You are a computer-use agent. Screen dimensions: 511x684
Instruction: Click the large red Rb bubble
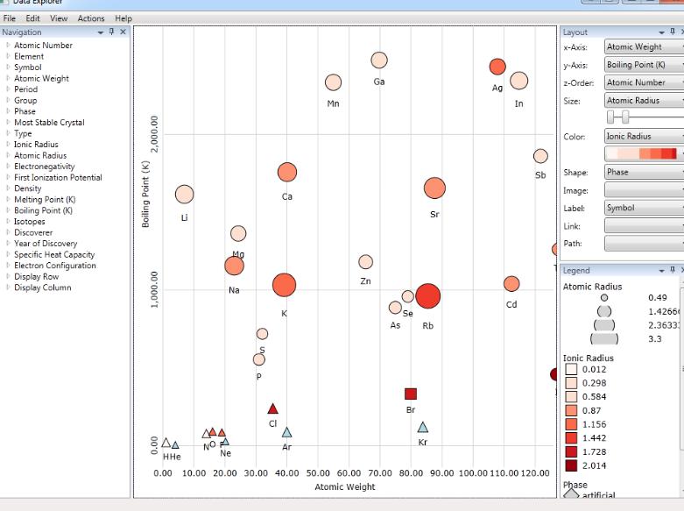tap(427, 296)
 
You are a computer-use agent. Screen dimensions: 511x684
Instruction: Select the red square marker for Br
tap(411, 394)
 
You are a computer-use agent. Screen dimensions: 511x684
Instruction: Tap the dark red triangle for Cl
tap(272, 408)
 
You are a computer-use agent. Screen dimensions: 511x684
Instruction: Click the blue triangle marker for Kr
tap(422, 428)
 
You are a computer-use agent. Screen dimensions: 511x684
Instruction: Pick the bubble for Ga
tap(378, 60)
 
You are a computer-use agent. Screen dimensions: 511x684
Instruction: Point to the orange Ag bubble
tap(497, 67)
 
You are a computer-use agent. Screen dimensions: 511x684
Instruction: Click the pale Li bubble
tap(184, 195)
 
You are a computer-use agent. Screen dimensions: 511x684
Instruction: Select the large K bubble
tap(284, 285)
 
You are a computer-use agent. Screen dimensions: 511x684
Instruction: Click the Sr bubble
tap(434, 188)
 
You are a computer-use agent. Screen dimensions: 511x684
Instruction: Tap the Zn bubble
tap(365, 262)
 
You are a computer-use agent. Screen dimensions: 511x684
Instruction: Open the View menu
tap(59, 18)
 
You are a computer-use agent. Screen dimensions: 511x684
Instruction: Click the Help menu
tap(123, 18)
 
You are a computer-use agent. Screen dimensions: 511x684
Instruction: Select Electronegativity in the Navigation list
tap(45, 167)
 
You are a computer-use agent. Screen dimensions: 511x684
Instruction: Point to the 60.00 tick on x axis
tap(349, 473)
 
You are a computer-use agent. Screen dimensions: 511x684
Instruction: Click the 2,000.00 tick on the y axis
tap(155, 133)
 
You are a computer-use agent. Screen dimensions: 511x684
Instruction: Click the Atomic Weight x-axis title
tap(345, 486)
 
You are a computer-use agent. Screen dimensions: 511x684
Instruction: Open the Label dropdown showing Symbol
tap(644, 209)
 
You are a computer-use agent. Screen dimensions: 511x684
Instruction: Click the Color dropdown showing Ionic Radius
tap(644, 137)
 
